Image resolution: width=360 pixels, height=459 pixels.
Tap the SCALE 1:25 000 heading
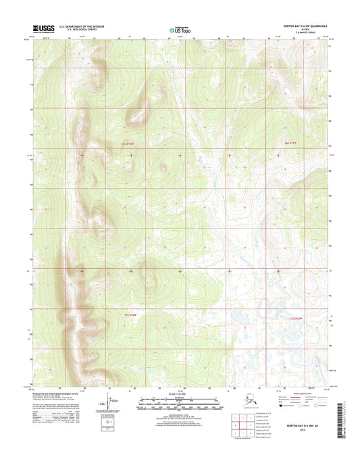click(x=179, y=394)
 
